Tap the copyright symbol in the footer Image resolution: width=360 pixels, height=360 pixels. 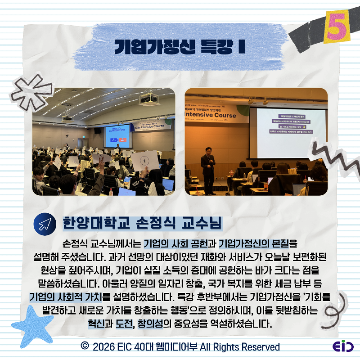point(84,346)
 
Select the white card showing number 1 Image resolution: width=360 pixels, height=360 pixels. point(145,160)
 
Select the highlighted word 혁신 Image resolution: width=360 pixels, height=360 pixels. point(96,324)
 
